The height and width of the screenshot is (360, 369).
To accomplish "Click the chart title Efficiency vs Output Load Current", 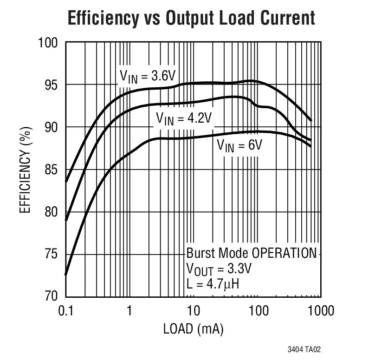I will click(x=191, y=18).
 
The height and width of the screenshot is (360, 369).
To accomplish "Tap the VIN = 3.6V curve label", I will click(x=145, y=77).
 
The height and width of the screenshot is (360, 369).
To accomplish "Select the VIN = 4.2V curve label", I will click(x=183, y=118).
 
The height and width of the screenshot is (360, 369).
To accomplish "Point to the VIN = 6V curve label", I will click(x=240, y=145).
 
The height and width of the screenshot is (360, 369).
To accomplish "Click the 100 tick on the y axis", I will click(x=48, y=43).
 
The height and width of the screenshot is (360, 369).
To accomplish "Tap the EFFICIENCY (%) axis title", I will click(x=25, y=170).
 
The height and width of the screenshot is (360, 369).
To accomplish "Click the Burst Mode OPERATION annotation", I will click(x=251, y=254).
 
